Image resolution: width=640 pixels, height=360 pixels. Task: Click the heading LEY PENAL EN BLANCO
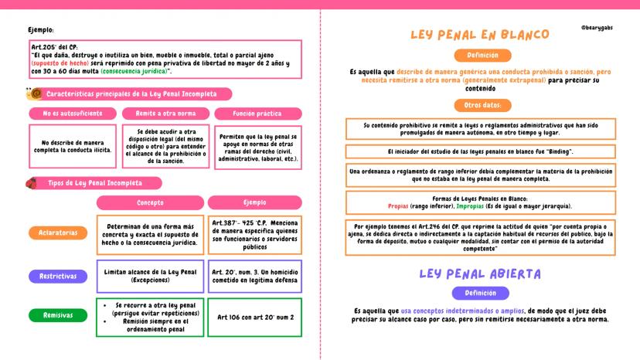(479, 35)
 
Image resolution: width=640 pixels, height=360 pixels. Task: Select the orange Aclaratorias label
(58, 232)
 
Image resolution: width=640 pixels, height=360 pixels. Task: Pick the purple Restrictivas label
(58, 276)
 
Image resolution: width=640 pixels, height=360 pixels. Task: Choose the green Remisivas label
(58, 315)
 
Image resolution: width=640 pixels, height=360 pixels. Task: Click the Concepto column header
(150, 203)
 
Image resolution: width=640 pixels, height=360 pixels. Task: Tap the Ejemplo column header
(254, 203)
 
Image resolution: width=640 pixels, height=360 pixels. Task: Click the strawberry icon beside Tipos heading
(32, 183)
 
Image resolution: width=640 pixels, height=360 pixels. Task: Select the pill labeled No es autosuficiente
(72, 114)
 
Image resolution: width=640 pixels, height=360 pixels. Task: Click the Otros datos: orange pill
(482, 105)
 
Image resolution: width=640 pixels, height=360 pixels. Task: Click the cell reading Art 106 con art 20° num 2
(254, 317)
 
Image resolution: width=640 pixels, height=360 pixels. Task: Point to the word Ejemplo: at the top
(41, 29)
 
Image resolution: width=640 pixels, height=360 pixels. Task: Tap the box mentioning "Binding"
(480, 151)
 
